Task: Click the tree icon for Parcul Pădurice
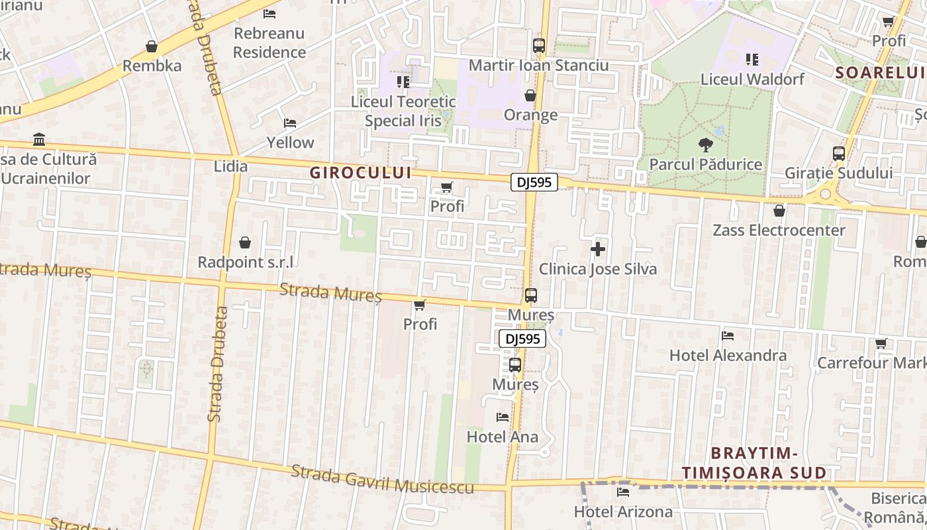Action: [705, 144]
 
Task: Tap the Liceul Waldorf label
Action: [752, 79]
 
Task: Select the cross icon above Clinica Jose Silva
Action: [598, 249]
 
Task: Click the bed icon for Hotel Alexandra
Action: [728, 336]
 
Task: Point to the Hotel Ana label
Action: [503, 437]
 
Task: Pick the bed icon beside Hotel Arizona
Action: [622, 492]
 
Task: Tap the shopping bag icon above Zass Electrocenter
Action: [779, 211]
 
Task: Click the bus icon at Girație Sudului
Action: [839, 154]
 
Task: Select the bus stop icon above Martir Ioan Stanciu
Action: [539, 46]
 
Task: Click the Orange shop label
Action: [531, 115]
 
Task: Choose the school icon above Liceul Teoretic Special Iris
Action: [403, 82]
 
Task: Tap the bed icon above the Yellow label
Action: [289, 123]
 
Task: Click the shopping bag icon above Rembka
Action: [152, 46]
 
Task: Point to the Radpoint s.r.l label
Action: [245, 262]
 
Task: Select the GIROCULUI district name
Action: [360, 173]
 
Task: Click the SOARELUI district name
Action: [879, 73]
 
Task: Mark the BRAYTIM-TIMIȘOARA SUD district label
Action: [754, 463]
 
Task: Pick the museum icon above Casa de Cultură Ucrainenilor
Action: [39, 140]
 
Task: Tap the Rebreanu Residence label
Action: [269, 42]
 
